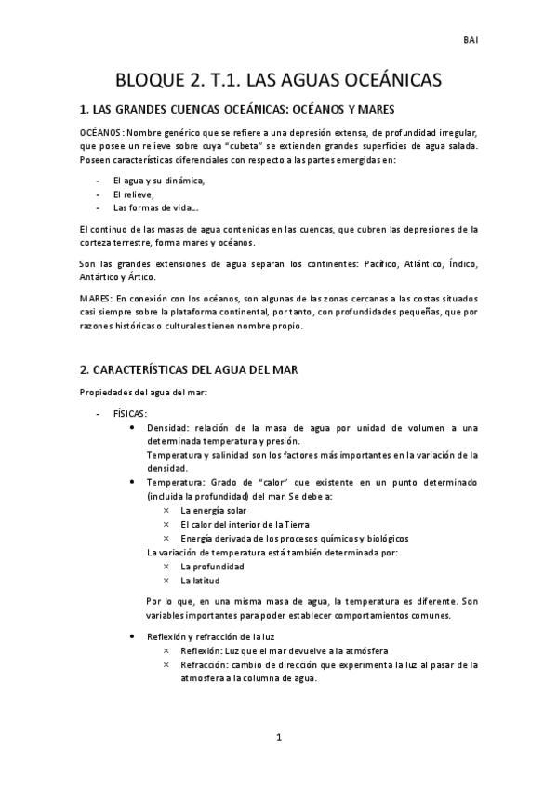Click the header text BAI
[x=471, y=41]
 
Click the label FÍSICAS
[x=130, y=413]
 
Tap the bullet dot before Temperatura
[x=137, y=483]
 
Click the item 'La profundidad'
[x=212, y=566]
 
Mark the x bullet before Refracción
[x=166, y=664]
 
